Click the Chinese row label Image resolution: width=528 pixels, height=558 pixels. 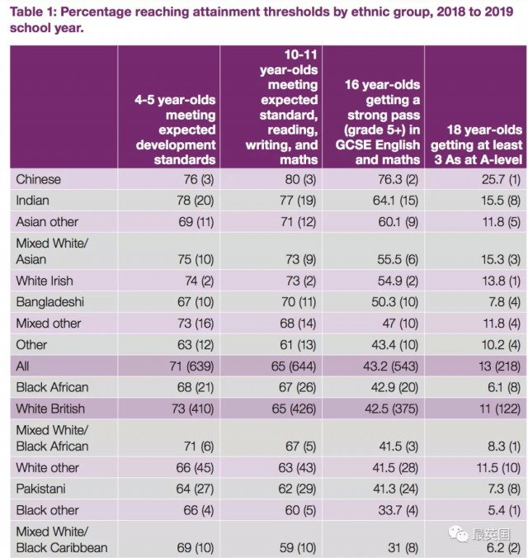click(x=39, y=179)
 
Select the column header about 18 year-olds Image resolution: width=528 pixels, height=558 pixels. click(x=482, y=144)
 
